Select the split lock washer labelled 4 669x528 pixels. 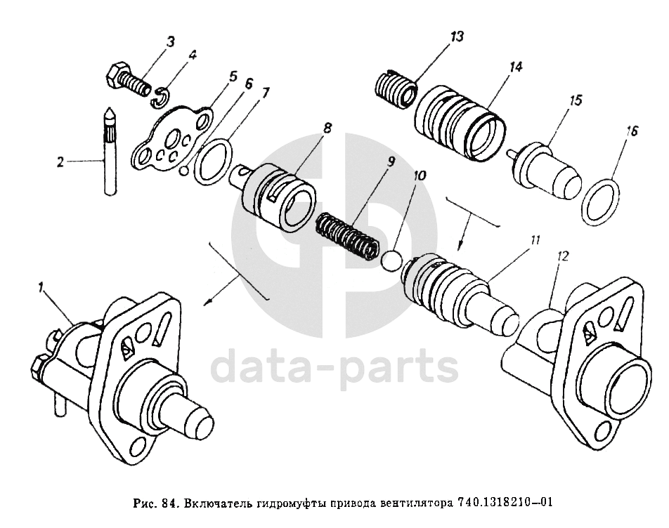pyautogui.click(x=161, y=96)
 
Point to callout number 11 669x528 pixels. pyautogui.click(x=535, y=241)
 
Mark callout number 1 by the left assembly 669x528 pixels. pyautogui.click(x=41, y=286)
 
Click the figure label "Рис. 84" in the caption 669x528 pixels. pyautogui.click(x=154, y=503)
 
